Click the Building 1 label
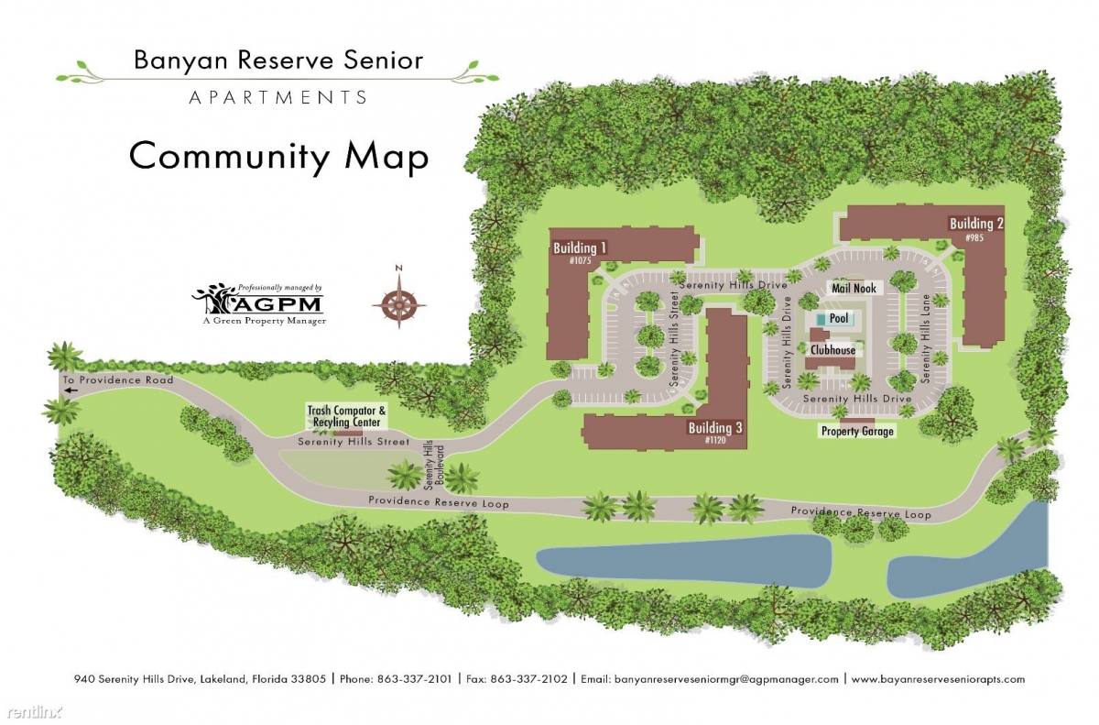pos(580,248)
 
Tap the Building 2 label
pos(976,224)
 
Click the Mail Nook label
pos(854,289)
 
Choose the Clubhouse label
pos(832,350)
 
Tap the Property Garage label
pos(857,431)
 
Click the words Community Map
pos(278,156)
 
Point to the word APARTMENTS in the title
pos(278,96)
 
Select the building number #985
pos(974,238)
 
